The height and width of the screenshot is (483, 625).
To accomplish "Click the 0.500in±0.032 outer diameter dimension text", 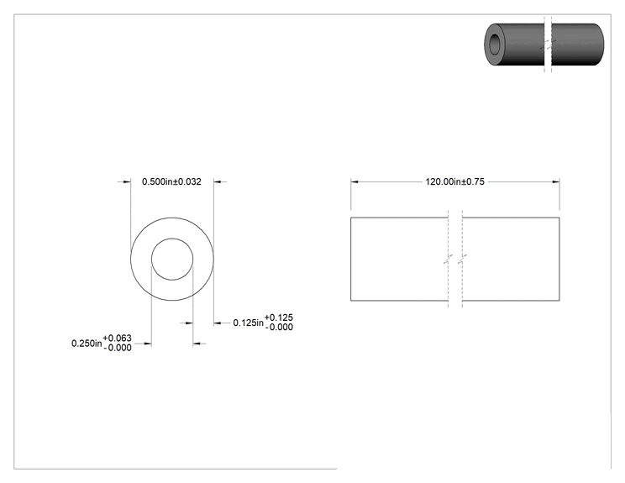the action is click(x=171, y=181).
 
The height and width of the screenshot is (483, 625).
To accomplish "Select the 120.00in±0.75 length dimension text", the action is click(x=454, y=181).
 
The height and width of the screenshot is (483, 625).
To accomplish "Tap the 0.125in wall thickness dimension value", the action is click(x=249, y=323).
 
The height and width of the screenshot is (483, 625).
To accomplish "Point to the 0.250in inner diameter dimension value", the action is click(x=87, y=343).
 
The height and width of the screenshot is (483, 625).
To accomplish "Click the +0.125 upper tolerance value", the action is click(x=279, y=318).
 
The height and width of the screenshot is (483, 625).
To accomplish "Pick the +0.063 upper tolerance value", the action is click(x=117, y=339).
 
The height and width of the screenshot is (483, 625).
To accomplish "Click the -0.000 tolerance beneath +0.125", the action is click(x=279, y=328).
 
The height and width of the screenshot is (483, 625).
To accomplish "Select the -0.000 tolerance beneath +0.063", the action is click(x=118, y=348).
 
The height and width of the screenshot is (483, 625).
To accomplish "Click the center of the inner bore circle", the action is click(x=172, y=259).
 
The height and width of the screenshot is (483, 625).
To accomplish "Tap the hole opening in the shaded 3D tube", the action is click(x=495, y=44).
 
